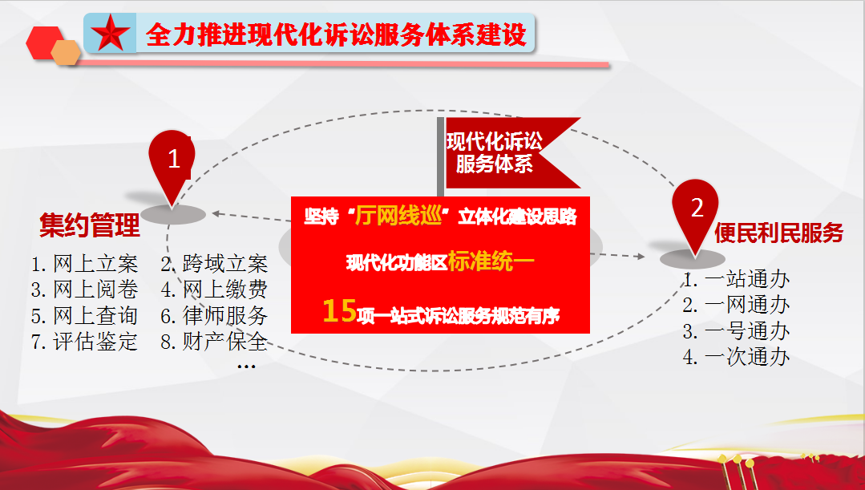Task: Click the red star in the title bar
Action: [x=111, y=33]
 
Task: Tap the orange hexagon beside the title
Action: [x=67, y=52]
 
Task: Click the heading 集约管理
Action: [x=90, y=225]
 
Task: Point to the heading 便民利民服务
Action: [x=779, y=233]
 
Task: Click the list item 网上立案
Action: [x=84, y=264]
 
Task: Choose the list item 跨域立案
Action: [x=214, y=264]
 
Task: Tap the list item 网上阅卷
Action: [x=84, y=290]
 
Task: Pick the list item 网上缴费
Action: [x=214, y=290]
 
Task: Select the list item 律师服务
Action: [x=214, y=316]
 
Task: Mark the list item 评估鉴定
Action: [x=84, y=342]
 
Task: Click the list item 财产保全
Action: [x=214, y=342]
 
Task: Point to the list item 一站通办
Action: [x=736, y=279]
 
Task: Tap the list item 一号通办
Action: [x=736, y=331]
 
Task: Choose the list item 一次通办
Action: [x=736, y=357]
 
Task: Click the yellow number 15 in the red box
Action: [x=339, y=310]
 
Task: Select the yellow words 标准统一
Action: [x=491, y=261]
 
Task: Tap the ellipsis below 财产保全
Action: [x=246, y=366]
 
